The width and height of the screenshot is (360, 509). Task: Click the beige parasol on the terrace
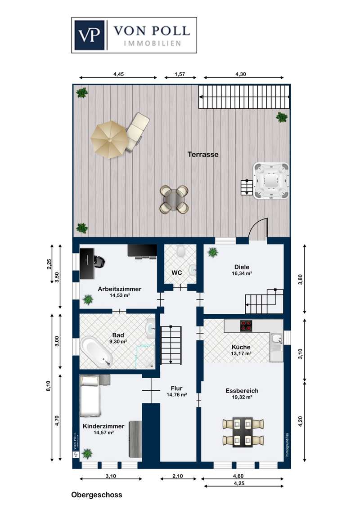pos(109,139)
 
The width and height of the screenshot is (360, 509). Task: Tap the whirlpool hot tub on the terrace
pos(271,181)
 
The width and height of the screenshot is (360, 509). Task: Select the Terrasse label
pos(203,155)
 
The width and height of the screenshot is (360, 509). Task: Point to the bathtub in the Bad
pos(96,353)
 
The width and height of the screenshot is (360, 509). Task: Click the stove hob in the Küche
pos(246,326)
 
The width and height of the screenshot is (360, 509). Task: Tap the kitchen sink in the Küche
pos(276,339)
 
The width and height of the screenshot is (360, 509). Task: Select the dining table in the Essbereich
pos(243,432)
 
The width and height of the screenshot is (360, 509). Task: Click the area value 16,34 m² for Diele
pos(242,274)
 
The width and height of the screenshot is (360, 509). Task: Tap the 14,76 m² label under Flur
pos(176,395)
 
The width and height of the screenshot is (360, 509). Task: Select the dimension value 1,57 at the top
pos(180,74)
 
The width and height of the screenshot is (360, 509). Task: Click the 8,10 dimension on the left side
pos(48,386)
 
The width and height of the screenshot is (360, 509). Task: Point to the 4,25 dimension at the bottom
pos(239,483)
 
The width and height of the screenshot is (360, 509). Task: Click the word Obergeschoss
pos(97,495)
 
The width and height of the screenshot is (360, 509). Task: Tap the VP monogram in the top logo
pos(90,35)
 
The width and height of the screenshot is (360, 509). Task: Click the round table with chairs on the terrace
pos(175,199)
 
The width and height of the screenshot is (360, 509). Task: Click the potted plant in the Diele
pos(213,252)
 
